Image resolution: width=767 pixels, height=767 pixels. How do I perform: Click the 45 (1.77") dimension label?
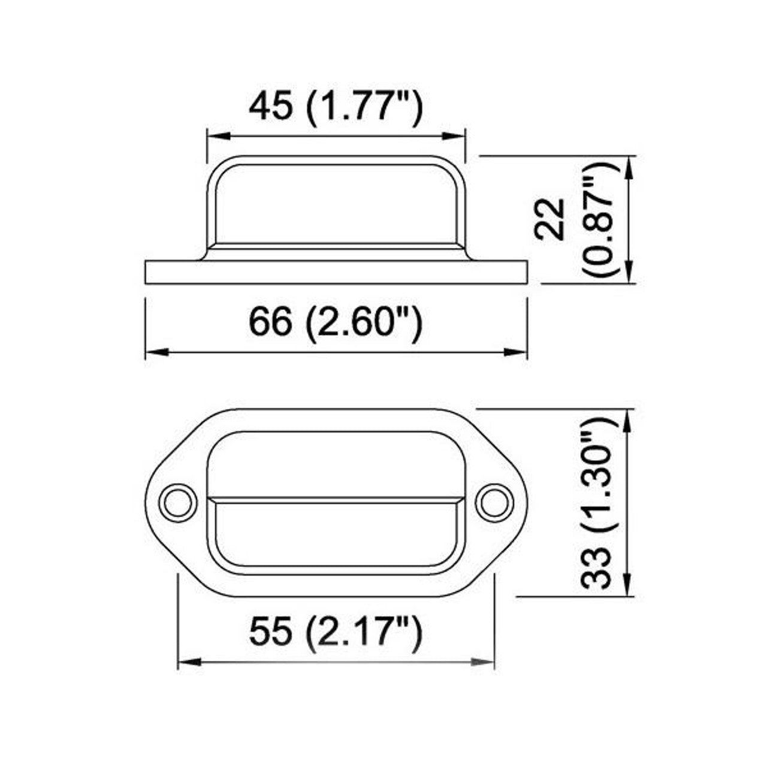tap(336, 107)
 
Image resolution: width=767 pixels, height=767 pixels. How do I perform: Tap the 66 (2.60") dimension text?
tap(336, 324)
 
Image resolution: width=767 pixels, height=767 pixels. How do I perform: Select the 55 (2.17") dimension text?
tap(336, 632)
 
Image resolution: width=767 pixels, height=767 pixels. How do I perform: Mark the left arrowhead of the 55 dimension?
tap(188, 662)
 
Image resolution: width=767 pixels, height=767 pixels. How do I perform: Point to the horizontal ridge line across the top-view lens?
tap(336, 499)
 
